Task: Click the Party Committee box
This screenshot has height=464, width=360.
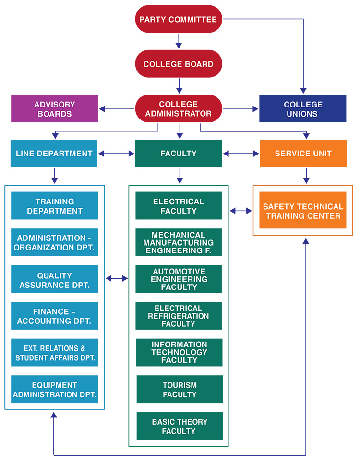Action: click(x=178, y=20)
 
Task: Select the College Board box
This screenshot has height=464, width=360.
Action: click(x=178, y=64)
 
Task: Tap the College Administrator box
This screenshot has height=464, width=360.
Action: click(x=178, y=109)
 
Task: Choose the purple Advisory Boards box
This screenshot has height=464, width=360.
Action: click(x=54, y=109)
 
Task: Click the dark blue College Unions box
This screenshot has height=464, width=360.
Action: click(x=302, y=109)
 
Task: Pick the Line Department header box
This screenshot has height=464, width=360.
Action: click(x=54, y=154)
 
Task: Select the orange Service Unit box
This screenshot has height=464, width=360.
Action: click(x=303, y=154)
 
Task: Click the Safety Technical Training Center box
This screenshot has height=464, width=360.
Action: click(x=303, y=211)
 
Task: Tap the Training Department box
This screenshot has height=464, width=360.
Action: click(x=54, y=206)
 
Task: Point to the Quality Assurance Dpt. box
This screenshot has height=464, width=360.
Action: click(x=54, y=280)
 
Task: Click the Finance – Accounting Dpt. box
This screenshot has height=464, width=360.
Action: click(x=54, y=316)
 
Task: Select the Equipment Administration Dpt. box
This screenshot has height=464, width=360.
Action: click(x=54, y=390)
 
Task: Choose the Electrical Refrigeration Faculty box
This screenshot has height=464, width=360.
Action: click(x=179, y=316)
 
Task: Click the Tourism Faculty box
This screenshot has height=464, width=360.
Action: click(x=180, y=390)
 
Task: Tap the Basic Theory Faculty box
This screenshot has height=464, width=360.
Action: click(x=180, y=426)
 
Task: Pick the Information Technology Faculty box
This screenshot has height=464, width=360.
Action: click(x=179, y=352)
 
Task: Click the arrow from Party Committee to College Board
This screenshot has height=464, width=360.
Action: click(x=179, y=41)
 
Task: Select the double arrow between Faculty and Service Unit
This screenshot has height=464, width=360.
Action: click(x=241, y=154)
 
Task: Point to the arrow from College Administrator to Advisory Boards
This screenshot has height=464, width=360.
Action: click(x=117, y=109)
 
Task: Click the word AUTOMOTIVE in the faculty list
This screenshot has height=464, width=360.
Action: click(x=179, y=271)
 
